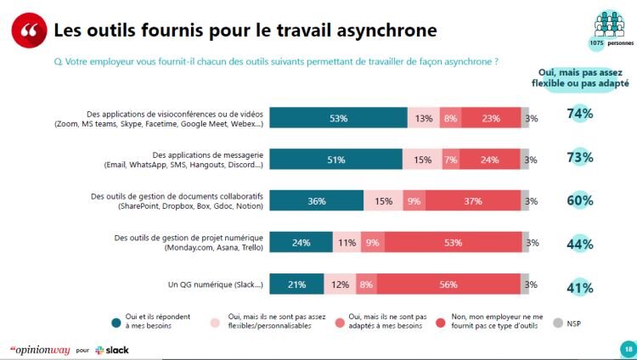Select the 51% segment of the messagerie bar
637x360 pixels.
[x=337, y=160]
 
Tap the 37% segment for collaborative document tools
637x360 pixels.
[x=472, y=201]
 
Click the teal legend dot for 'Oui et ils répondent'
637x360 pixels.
[x=115, y=322]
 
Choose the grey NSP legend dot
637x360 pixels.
[x=557, y=322]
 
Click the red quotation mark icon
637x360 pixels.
[x=28, y=31]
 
